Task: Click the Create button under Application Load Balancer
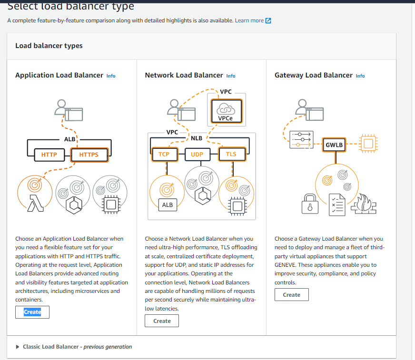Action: [32, 312]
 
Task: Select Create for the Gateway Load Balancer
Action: [291, 295]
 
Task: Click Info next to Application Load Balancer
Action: [110, 76]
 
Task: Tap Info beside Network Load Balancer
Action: [230, 76]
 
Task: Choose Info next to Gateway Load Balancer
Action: [360, 76]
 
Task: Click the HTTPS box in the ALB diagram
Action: [89, 155]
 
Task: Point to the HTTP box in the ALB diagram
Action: [49, 155]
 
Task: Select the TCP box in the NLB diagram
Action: [164, 154]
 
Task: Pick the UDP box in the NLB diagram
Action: [197, 154]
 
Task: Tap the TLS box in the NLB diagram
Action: [231, 154]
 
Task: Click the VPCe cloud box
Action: [226, 110]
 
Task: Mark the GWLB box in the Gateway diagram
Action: [334, 144]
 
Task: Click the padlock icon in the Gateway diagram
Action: [310, 204]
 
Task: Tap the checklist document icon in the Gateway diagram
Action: [337, 204]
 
